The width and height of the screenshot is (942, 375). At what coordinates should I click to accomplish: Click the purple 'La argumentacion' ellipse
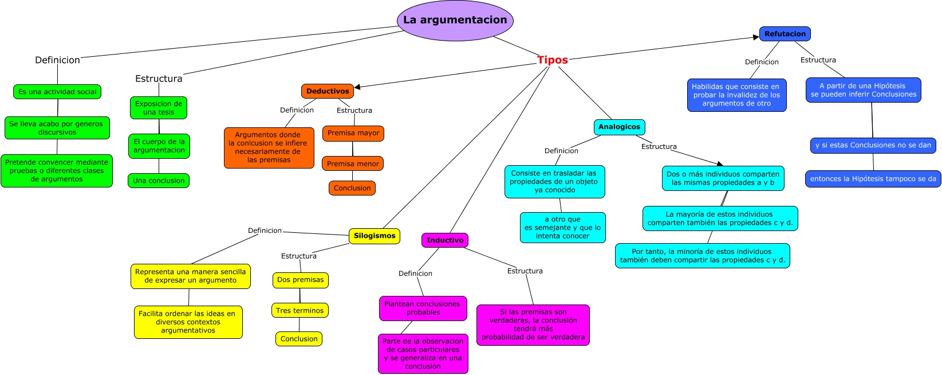point(455,21)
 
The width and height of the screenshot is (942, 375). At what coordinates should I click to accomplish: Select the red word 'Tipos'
point(553,60)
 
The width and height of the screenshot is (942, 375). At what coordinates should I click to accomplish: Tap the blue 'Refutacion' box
point(785,34)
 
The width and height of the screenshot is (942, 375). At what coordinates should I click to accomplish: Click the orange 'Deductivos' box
point(327,91)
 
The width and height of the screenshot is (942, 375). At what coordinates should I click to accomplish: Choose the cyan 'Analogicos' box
point(619,127)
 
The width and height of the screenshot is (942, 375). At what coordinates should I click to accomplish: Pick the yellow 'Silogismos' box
point(375,236)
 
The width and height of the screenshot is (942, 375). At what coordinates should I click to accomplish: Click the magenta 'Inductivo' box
point(444,240)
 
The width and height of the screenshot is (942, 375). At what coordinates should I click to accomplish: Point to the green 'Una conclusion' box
point(159,181)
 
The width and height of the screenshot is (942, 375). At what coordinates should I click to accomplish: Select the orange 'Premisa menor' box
point(353,163)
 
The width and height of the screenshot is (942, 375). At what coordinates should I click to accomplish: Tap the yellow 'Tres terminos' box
point(300,310)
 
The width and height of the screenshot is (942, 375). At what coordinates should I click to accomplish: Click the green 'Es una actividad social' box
point(57,92)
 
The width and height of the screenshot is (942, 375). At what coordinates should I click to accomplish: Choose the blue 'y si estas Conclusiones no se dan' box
point(873,146)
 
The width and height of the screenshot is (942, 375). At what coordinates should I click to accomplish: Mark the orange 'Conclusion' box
point(352,188)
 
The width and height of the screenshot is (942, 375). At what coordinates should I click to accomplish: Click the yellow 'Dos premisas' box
point(300,280)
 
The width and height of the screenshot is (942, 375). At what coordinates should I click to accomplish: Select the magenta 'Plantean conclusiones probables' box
point(423,308)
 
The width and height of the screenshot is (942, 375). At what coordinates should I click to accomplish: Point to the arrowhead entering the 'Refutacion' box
point(756,37)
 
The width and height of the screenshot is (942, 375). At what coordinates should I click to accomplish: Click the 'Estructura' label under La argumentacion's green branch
point(159,79)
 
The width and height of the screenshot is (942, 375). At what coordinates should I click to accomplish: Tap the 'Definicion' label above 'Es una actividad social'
point(57,60)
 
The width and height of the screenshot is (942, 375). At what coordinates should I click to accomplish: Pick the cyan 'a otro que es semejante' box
point(562,228)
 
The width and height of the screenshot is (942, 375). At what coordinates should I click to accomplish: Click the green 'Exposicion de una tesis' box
point(159,108)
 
